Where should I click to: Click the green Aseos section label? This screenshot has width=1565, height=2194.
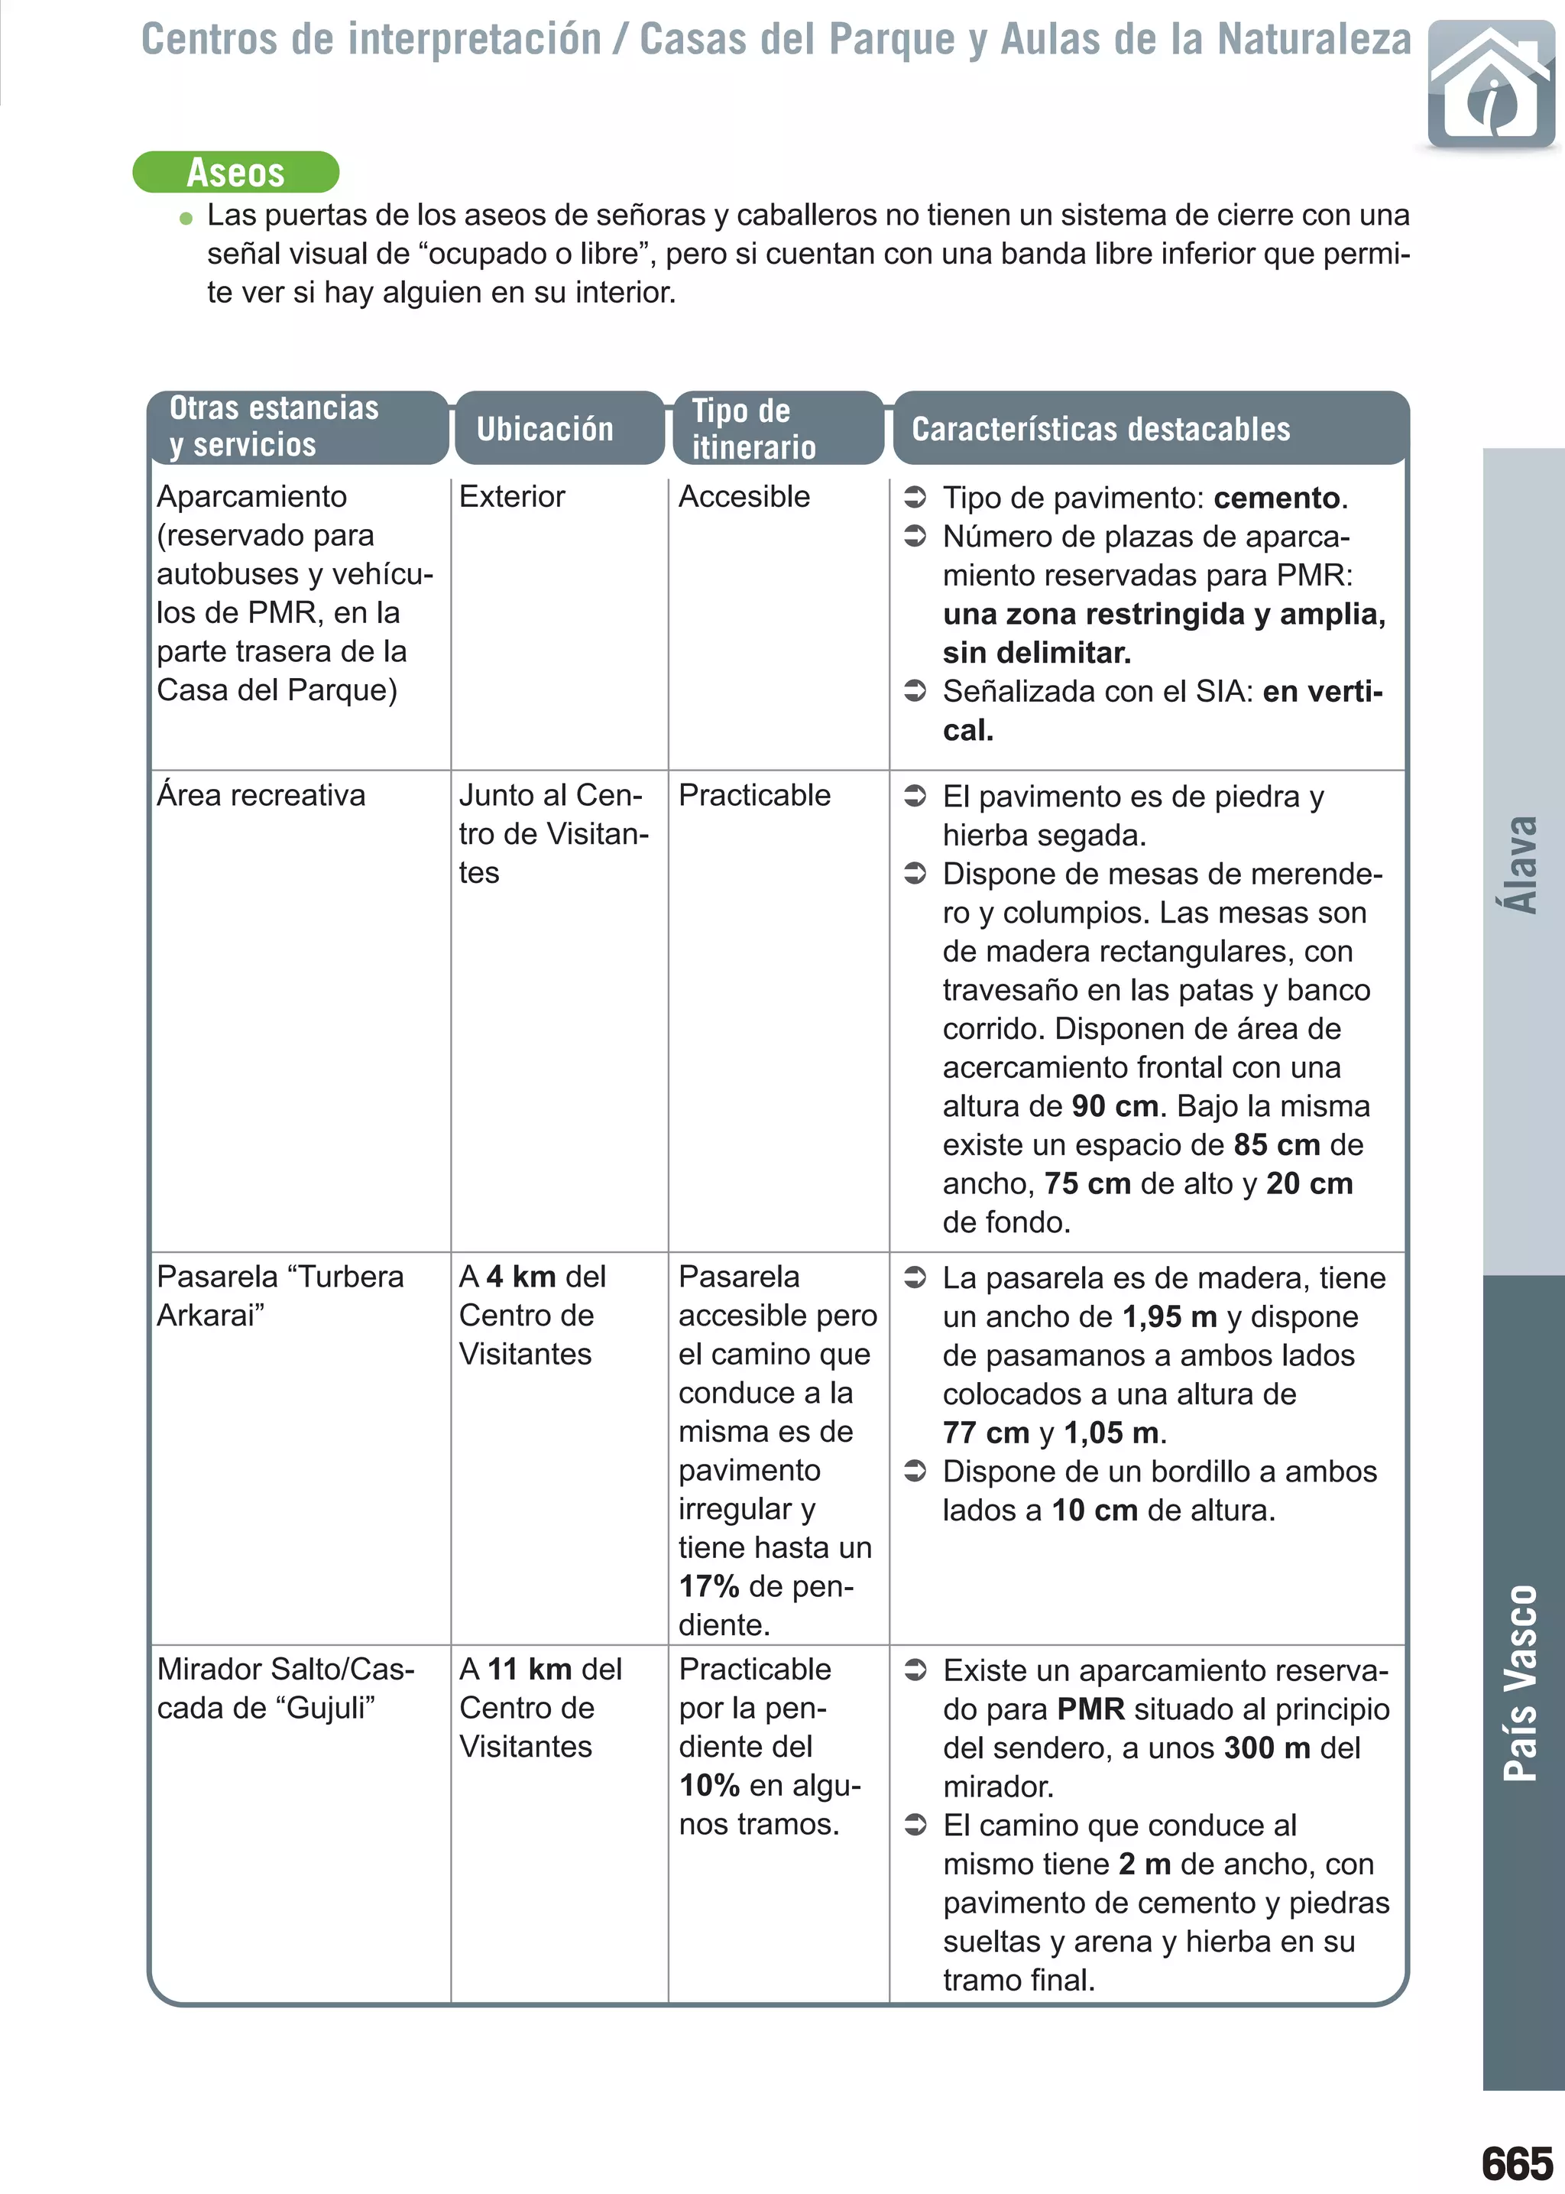[236, 173]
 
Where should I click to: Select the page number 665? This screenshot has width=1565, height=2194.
[1517, 2163]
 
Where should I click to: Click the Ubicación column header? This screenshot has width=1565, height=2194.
[545, 429]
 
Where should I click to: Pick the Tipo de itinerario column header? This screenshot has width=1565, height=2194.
[753, 429]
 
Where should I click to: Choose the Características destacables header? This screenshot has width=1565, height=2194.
[1100, 429]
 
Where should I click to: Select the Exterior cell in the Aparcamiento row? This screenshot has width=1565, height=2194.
[512, 496]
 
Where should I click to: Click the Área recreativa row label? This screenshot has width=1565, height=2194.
[261, 795]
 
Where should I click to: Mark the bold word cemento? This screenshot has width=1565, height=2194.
[1277, 498]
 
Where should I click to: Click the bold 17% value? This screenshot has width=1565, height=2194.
[708, 1585]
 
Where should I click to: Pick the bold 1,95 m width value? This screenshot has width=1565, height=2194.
[1169, 1317]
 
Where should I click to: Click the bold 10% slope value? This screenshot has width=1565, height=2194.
[708, 1785]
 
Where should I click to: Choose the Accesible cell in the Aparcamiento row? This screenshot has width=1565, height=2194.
[744, 496]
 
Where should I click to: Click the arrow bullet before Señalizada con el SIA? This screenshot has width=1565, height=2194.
[915, 691]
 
